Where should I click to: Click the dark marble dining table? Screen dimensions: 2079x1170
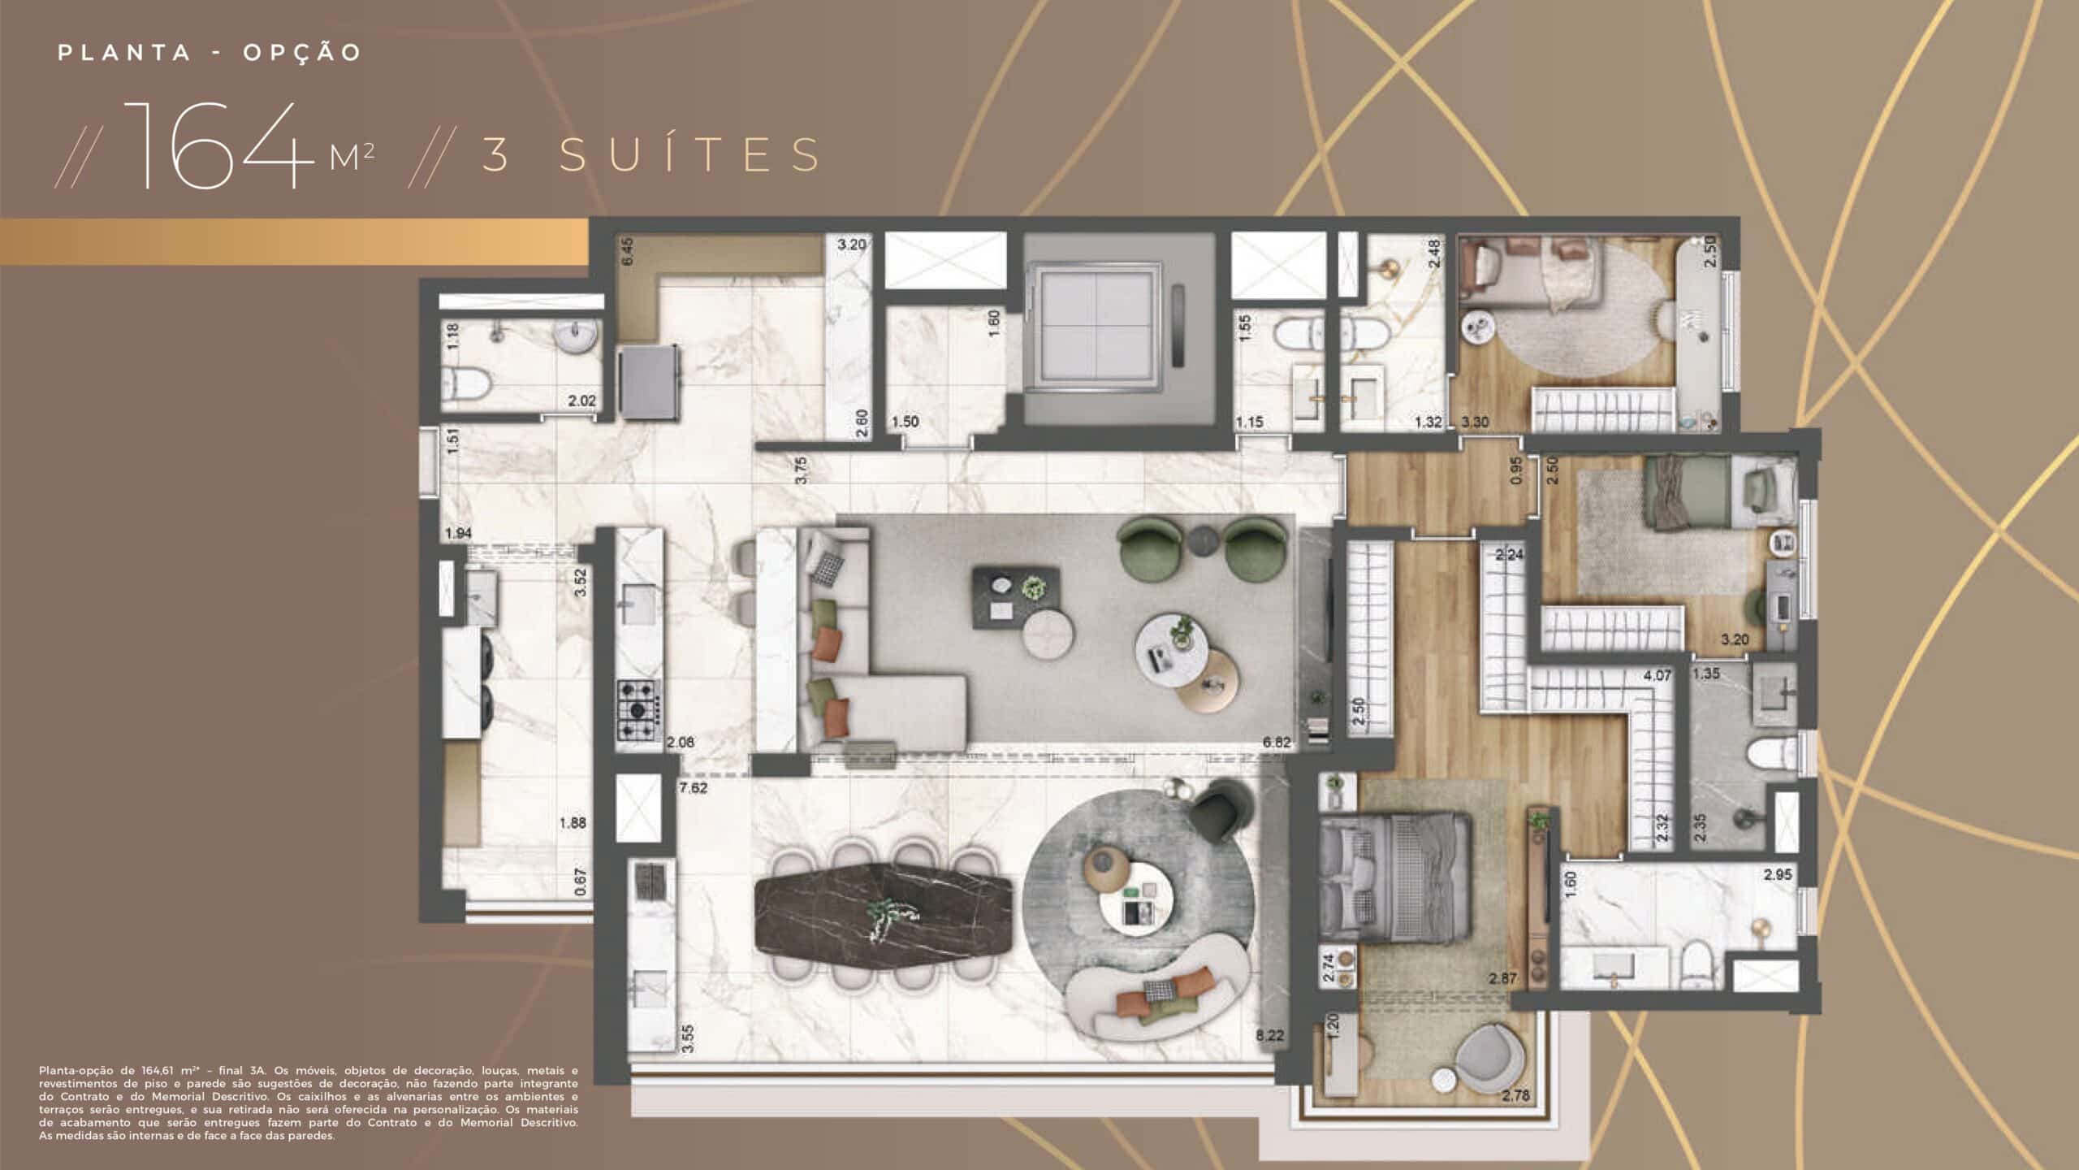[884, 915]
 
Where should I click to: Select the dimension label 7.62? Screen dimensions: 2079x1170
[693, 788]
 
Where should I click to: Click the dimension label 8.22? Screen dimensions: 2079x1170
[1270, 1035]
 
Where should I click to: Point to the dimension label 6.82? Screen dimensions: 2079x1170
[1277, 743]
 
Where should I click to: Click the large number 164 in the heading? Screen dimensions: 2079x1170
[218, 147]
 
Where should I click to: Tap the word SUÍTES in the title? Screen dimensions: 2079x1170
[691, 154]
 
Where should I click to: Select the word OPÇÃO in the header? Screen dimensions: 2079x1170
[302, 53]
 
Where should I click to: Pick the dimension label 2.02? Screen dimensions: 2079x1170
[581, 401]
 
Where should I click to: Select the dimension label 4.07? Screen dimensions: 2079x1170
[1657, 675]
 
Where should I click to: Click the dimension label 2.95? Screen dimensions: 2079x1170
[1777, 875]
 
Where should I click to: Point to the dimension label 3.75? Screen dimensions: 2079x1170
[801, 470]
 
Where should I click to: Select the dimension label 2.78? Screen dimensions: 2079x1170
[1515, 1096]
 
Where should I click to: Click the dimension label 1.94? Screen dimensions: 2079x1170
[458, 534]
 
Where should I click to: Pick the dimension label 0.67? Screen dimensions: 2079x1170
[580, 883]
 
